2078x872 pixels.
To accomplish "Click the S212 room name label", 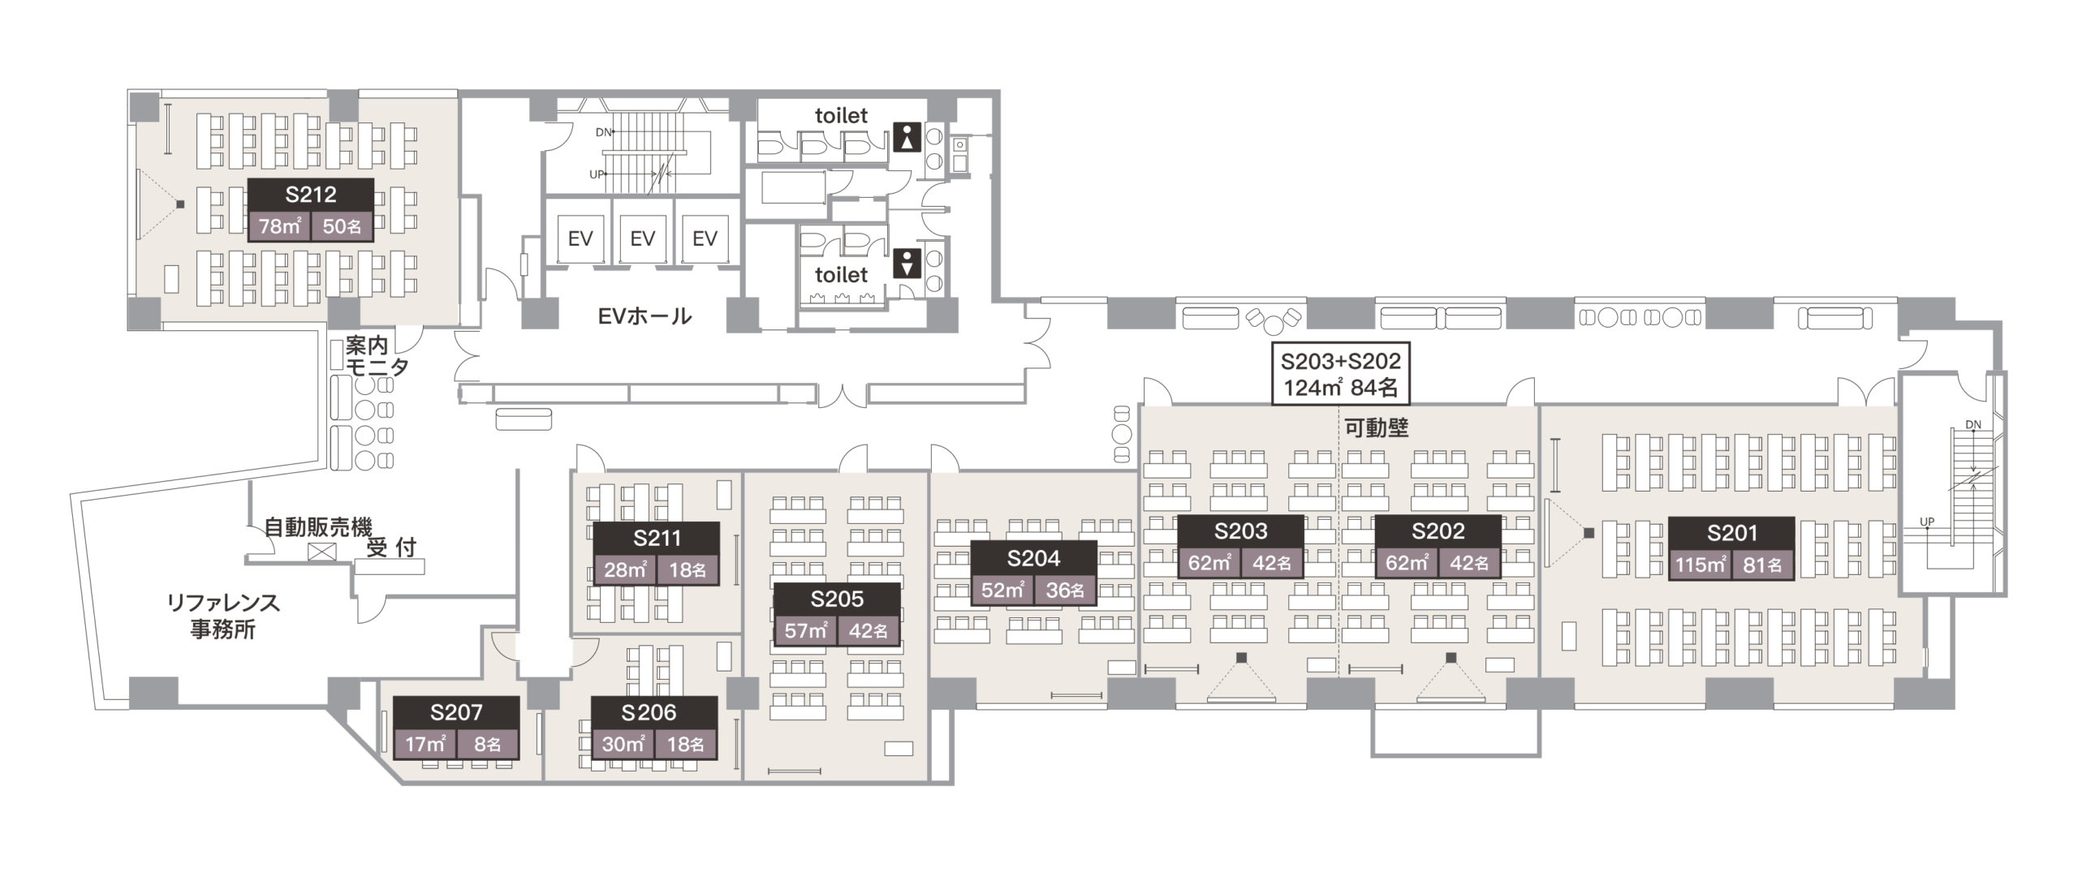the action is [x=311, y=195].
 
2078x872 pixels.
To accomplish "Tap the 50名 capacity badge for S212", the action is [x=342, y=226].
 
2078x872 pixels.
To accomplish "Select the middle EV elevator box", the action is [x=642, y=238].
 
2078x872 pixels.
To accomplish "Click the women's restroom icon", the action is [x=907, y=136].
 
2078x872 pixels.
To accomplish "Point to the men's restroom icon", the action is [x=907, y=264].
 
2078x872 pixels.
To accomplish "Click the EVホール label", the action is [x=645, y=316].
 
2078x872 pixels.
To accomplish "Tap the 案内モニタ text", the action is [x=377, y=356].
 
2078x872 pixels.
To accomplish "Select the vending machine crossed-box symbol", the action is [x=322, y=552].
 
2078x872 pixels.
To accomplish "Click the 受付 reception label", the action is [x=391, y=548].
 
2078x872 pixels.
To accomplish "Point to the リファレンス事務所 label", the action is [x=223, y=616].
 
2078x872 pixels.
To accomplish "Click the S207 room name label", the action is [x=456, y=712].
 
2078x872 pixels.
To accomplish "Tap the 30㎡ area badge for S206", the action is [x=623, y=744].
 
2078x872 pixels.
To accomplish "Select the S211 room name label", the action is [x=657, y=538].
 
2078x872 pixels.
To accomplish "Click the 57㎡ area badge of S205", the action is [x=805, y=630].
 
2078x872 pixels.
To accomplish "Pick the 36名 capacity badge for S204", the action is [x=1065, y=590].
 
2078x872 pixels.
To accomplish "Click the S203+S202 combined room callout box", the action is [x=1340, y=374].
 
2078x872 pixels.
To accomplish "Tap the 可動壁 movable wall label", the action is [x=1376, y=427].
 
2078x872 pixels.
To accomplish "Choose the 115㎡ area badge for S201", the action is [x=1701, y=564].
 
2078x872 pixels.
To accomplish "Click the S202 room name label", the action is [x=1438, y=531].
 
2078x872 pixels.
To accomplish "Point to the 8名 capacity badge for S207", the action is [x=487, y=744].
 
